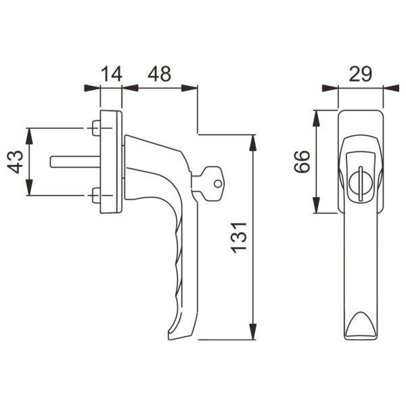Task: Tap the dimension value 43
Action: point(16,162)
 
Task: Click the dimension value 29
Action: point(361,73)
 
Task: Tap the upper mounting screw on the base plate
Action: point(95,127)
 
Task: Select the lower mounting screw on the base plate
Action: point(95,196)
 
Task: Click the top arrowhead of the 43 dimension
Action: point(28,133)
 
